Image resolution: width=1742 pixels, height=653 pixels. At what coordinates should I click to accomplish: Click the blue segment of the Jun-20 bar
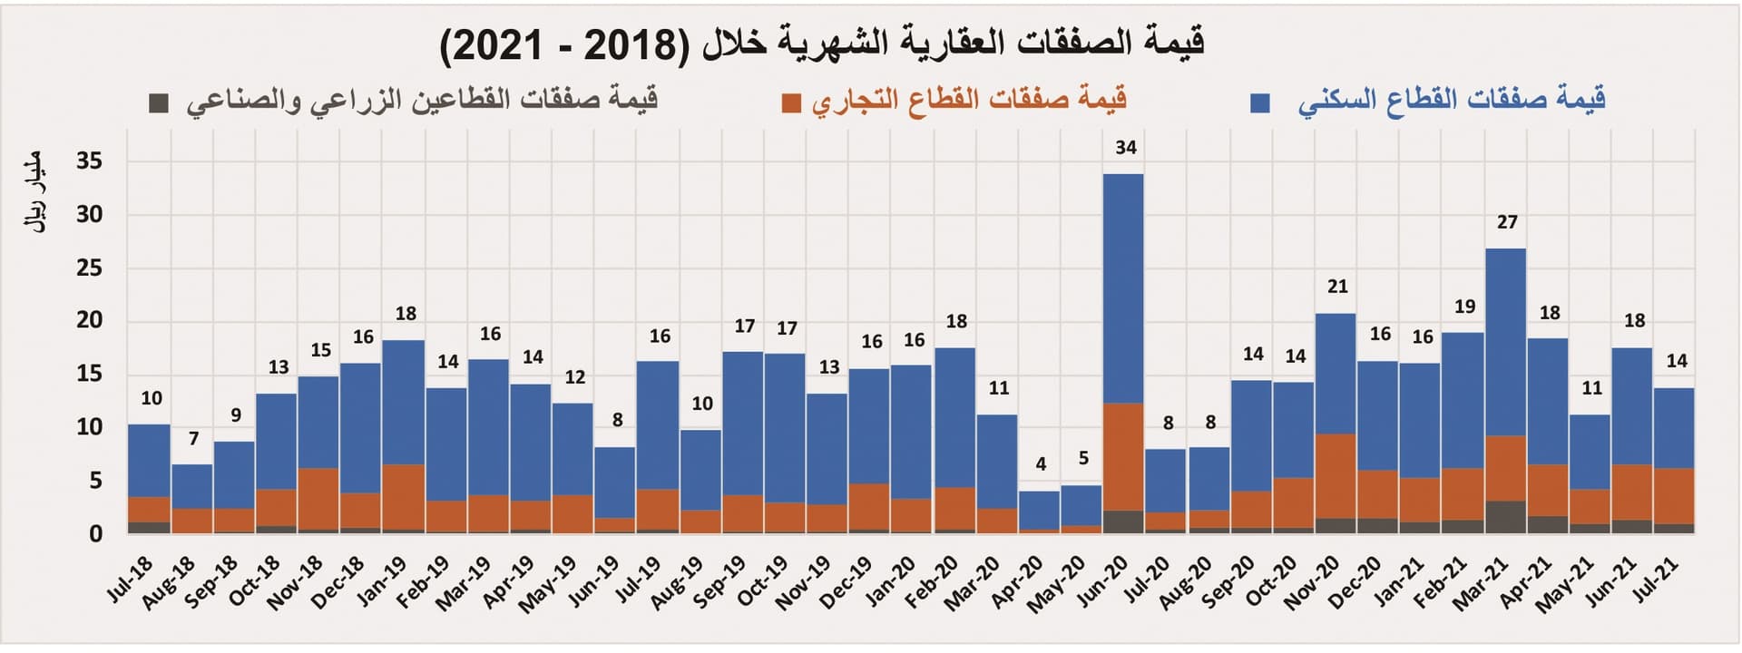(x=1123, y=288)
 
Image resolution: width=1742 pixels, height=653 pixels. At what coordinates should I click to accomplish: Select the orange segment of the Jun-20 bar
(x=1123, y=456)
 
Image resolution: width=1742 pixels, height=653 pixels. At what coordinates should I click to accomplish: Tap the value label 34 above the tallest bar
(x=1125, y=147)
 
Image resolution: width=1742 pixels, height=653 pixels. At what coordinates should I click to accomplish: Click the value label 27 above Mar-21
(x=1506, y=222)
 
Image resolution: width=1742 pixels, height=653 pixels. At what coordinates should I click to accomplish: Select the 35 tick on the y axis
(x=89, y=161)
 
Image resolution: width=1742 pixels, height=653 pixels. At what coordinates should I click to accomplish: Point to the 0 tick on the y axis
(x=95, y=534)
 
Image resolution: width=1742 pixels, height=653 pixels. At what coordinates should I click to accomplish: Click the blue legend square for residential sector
(x=1259, y=102)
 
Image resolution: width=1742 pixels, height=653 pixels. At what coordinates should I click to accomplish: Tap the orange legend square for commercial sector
(x=791, y=102)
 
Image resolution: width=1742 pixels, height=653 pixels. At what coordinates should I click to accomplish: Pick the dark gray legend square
(x=159, y=102)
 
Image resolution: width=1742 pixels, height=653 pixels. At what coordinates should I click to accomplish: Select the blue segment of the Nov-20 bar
(x=1336, y=374)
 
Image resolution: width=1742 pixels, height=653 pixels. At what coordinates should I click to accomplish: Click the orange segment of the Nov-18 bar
(x=318, y=499)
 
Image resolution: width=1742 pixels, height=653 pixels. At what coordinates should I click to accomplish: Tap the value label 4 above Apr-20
(x=1041, y=464)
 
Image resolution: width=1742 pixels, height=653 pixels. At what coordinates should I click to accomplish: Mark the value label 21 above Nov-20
(x=1337, y=287)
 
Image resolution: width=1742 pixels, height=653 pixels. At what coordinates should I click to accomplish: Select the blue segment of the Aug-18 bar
(x=191, y=486)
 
